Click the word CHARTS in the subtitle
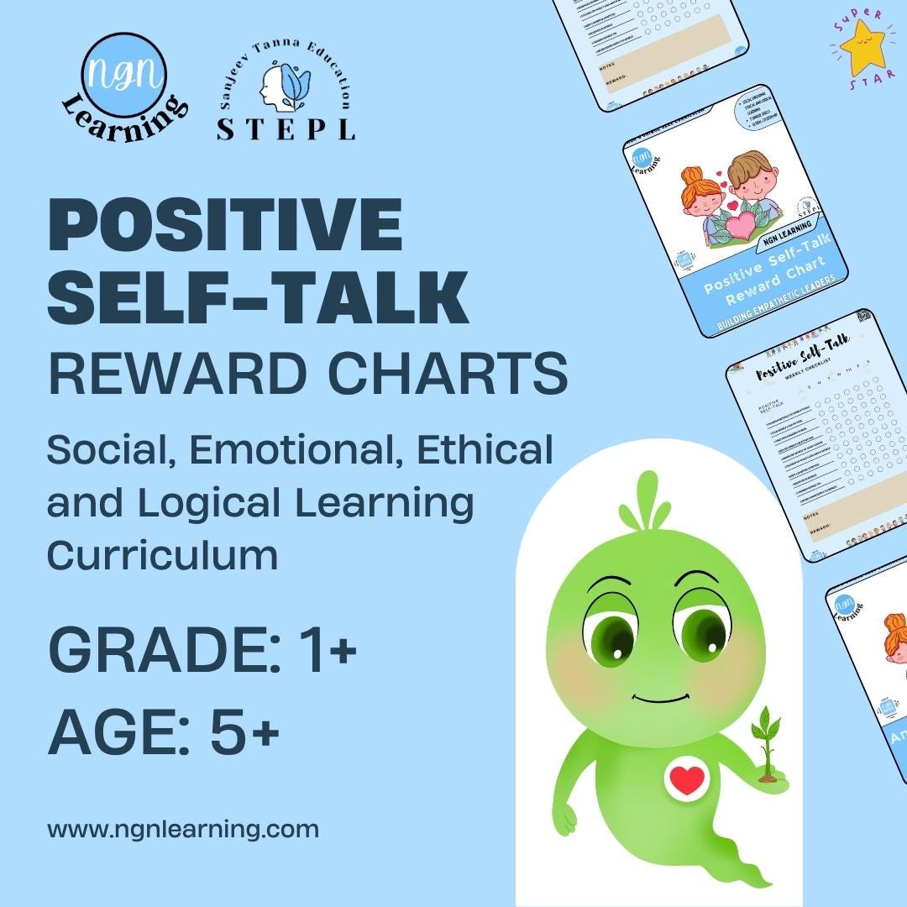tap(447, 374)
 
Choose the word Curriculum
tap(162, 555)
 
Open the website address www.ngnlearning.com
tap(183, 830)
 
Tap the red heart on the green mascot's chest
tap(688, 780)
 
